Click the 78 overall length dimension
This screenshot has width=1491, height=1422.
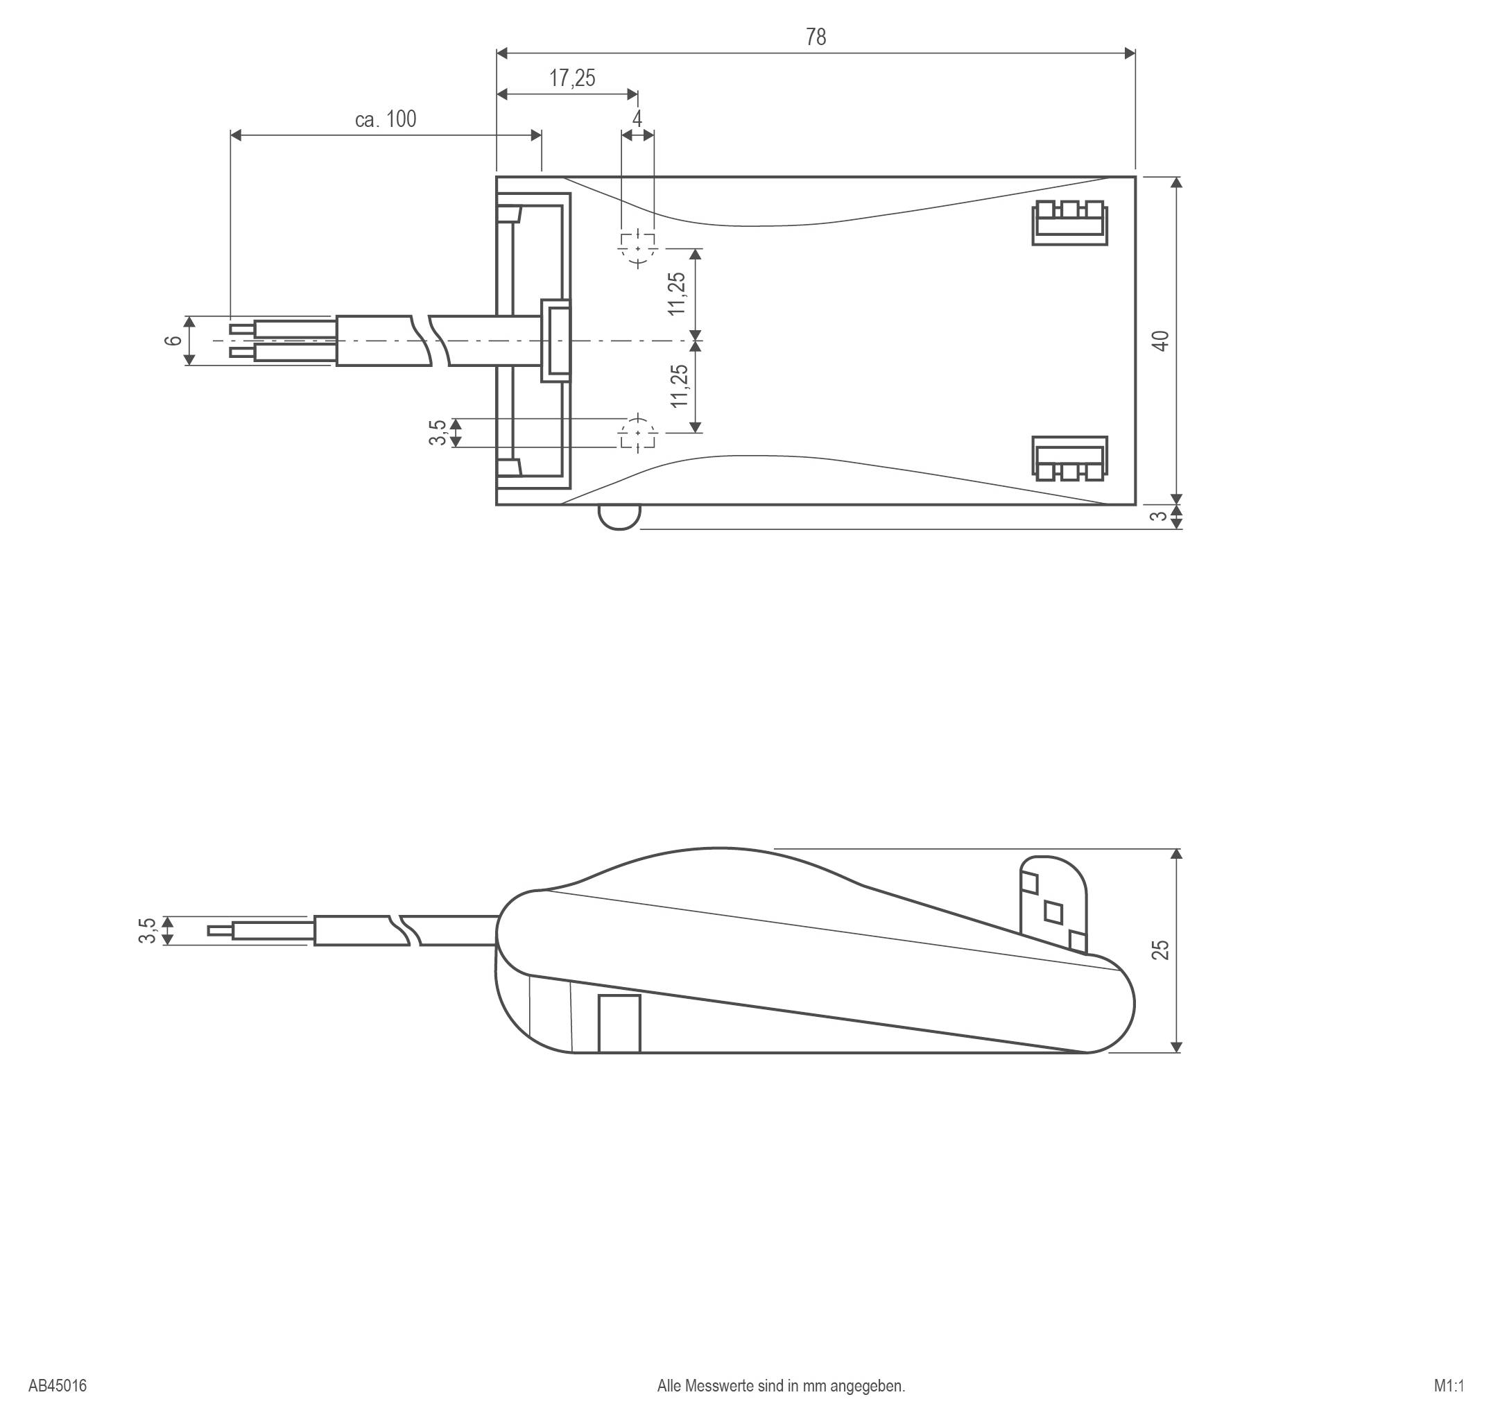click(x=816, y=37)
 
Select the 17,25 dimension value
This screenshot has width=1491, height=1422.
click(x=572, y=78)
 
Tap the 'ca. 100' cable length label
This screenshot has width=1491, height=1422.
click(x=386, y=119)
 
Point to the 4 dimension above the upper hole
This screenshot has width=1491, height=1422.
click(x=637, y=119)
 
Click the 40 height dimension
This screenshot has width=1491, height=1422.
click(x=1160, y=341)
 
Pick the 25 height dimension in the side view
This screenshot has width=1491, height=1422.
click(x=1160, y=950)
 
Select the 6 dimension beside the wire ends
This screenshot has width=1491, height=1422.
click(x=173, y=341)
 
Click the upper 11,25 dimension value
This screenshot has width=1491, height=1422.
click(x=678, y=293)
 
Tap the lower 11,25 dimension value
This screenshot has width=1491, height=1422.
click(x=679, y=386)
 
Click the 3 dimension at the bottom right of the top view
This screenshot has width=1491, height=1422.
click(x=1158, y=516)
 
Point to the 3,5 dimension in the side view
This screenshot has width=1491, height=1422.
click(x=147, y=930)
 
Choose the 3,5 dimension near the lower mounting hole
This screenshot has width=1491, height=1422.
click(x=437, y=433)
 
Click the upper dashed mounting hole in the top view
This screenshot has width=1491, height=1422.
click(x=637, y=247)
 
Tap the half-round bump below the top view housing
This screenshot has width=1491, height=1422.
click(x=619, y=517)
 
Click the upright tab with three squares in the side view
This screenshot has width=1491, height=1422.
click(x=1053, y=905)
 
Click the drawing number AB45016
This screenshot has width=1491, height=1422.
click(x=58, y=1387)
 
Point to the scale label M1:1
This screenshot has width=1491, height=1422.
click(x=1449, y=1387)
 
